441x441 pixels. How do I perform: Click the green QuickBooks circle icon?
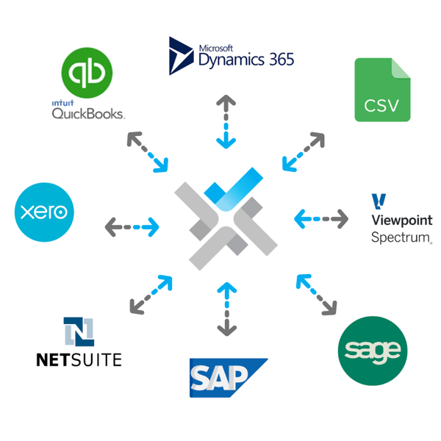[x=87, y=73]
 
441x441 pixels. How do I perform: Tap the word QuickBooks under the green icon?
[x=88, y=113]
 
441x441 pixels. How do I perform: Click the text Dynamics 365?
[x=245, y=58]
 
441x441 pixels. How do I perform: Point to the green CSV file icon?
[x=382, y=90]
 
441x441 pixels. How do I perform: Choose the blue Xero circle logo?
[x=45, y=212]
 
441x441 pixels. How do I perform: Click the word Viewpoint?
[x=401, y=221]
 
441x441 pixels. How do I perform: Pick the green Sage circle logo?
[x=373, y=350]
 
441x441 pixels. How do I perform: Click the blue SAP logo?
[x=226, y=378]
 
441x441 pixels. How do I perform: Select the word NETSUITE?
[x=79, y=359]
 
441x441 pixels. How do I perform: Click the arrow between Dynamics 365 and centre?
[x=226, y=121]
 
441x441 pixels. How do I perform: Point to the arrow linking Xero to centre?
[x=132, y=226]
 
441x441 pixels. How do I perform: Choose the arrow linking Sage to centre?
[x=317, y=295]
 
